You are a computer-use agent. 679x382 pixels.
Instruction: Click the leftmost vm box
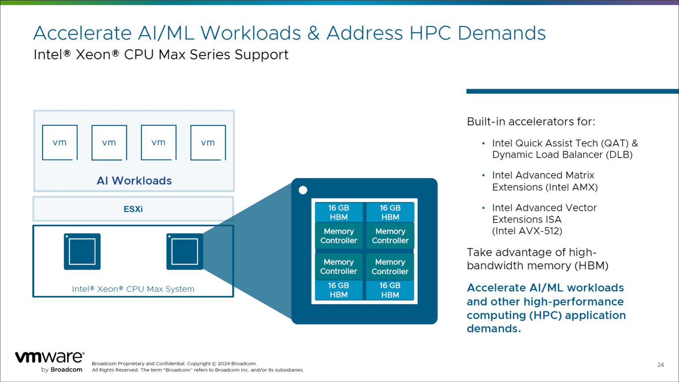click(60, 142)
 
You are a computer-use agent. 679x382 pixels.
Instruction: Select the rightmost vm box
click(208, 142)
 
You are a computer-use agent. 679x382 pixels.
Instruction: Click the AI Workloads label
click(134, 181)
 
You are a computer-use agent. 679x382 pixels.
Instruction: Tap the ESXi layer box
click(133, 209)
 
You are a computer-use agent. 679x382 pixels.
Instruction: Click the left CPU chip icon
click(82, 251)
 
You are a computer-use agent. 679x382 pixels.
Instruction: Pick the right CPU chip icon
click(185, 251)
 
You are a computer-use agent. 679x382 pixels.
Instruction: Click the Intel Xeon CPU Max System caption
click(133, 289)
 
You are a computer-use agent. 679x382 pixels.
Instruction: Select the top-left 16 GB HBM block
click(339, 212)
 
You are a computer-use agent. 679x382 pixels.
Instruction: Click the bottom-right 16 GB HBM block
click(390, 290)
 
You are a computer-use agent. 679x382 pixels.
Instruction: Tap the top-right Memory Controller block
click(390, 236)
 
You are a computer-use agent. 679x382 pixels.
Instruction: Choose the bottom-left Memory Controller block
click(339, 267)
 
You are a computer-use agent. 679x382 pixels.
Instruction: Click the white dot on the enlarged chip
click(303, 190)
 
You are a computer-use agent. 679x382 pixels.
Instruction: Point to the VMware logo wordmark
click(49, 357)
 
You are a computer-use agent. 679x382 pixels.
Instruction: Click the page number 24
click(660, 365)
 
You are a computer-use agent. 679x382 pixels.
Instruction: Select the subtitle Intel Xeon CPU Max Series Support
click(161, 55)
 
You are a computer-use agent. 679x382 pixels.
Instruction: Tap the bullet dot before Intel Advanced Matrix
click(483, 176)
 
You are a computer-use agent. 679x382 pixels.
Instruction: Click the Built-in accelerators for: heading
click(531, 121)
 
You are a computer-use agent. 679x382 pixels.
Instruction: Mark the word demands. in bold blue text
click(494, 329)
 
